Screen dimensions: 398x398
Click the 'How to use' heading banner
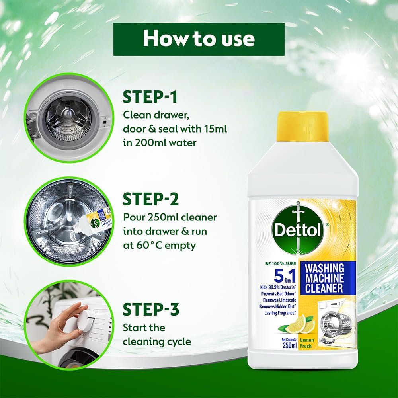click(199, 39)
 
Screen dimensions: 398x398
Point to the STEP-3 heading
click(151, 309)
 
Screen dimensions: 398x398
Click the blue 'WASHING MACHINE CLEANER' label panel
click(324, 279)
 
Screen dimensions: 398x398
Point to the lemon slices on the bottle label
click(300, 324)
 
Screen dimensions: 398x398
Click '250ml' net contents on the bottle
click(290, 345)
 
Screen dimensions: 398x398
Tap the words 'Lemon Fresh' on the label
click(307, 343)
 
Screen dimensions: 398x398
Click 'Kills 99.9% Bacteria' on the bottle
click(278, 287)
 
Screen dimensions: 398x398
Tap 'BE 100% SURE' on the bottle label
click(281, 264)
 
